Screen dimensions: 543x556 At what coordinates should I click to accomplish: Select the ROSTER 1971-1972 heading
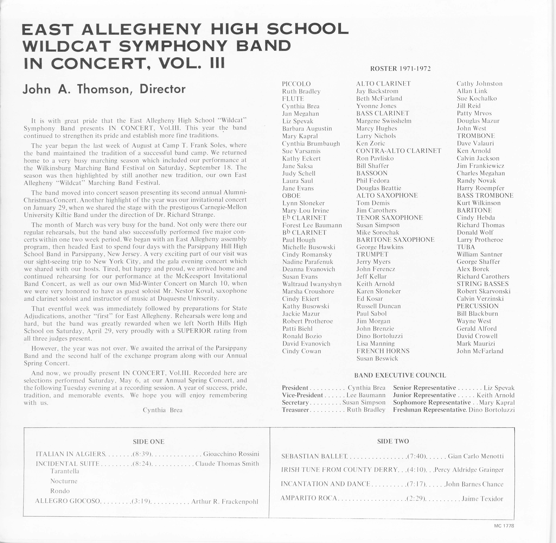tap(400, 69)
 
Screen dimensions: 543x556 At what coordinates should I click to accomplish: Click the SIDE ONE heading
tap(149, 442)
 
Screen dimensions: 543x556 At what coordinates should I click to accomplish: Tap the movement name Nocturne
tap(64, 481)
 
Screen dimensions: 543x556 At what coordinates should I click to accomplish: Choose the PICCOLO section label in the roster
tap(296, 84)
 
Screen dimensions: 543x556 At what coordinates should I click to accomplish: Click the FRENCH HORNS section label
tap(383, 351)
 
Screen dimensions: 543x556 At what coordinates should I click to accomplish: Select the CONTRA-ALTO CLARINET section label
tap(398, 151)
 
